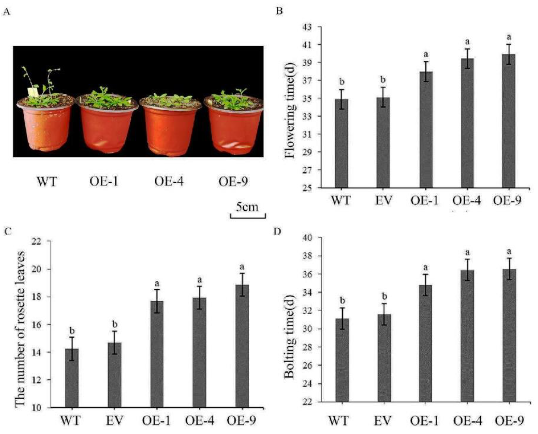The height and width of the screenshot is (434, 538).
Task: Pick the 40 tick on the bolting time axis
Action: point(309,238)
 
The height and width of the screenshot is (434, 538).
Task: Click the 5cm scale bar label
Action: point(247,207)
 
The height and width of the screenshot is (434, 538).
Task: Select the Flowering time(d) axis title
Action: point(290,110)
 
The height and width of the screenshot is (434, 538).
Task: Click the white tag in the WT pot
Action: point(33,92)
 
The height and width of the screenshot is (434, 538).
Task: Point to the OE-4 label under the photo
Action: point(169,182)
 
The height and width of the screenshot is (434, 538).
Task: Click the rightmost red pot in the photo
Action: point(234,127)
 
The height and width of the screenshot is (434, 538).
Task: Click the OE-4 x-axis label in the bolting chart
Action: point(467,420)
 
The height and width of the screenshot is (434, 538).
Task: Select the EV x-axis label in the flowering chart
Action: point(383,200)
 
